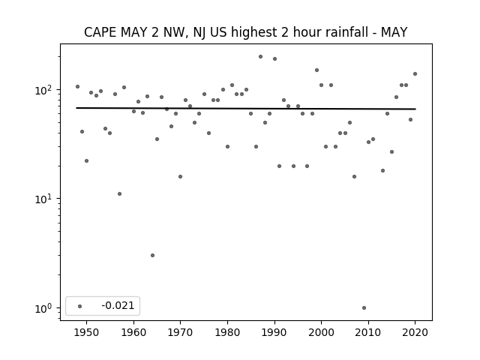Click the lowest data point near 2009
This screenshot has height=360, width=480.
pos(364,308)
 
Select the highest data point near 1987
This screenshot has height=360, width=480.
pos(260,57)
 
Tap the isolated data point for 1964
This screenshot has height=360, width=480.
pos(152,255)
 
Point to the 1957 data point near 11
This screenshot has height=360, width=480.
pos(119,193)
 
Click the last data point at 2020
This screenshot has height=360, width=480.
pos(415,73)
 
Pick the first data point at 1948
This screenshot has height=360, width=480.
pos(77,87)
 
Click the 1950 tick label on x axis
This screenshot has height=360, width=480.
pos(87,332)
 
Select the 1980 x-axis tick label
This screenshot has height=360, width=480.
pos(227,332)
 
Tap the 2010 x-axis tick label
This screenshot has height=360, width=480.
pos(368,332)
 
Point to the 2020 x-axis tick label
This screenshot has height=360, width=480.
pos(415,332)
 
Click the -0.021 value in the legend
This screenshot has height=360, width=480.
pos(118,305)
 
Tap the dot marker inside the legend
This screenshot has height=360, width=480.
pos(80,306)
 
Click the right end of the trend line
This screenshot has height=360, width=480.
pos(415,109)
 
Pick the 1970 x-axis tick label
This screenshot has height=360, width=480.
pos(180,332)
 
